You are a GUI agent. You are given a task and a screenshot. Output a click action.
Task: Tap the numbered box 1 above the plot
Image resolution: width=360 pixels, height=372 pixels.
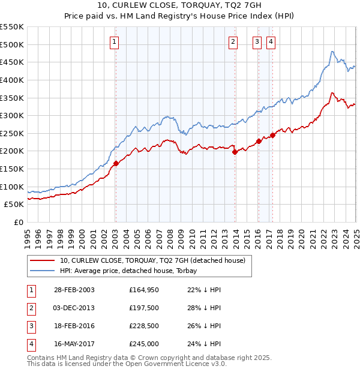click(x=115, y=41)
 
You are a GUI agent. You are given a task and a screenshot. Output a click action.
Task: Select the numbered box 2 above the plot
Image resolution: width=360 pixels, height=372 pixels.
click(x=233, y=41)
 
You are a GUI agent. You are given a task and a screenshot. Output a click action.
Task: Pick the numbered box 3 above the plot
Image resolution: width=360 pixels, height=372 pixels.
click(x=257, y=41)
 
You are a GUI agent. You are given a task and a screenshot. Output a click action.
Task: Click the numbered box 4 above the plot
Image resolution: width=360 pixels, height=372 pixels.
click(x=271, y=41)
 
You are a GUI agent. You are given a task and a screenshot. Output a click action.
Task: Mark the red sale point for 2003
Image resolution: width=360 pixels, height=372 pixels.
click(x=116, y=163)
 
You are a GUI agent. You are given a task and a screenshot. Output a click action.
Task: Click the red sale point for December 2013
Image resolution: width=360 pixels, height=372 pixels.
click(x=235, y=152)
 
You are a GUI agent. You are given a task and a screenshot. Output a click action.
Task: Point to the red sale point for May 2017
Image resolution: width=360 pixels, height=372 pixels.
click(x=272, y=135)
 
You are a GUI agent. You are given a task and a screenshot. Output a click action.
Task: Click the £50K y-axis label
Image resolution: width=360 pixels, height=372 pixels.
click(x=14, y=205)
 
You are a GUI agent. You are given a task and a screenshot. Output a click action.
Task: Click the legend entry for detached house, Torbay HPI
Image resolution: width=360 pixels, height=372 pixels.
click(x=132, y=271)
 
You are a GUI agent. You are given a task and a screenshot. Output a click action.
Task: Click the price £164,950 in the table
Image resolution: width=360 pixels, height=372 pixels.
click(x=143, y=290)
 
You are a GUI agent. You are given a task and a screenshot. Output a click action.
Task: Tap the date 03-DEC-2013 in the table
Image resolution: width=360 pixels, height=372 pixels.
click(x=74, y=308)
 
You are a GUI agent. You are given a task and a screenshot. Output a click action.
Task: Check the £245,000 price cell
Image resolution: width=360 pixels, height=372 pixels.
click(x=143, y=344)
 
